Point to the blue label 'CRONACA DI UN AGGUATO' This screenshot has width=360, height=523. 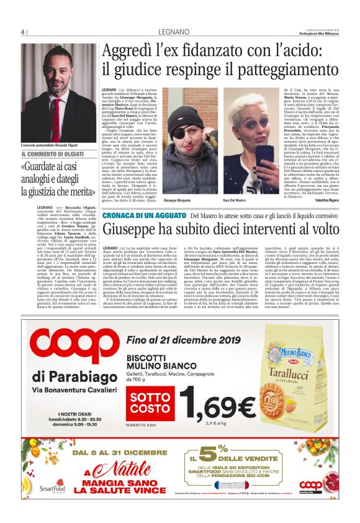pyautogui.click(x=144, y=215)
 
